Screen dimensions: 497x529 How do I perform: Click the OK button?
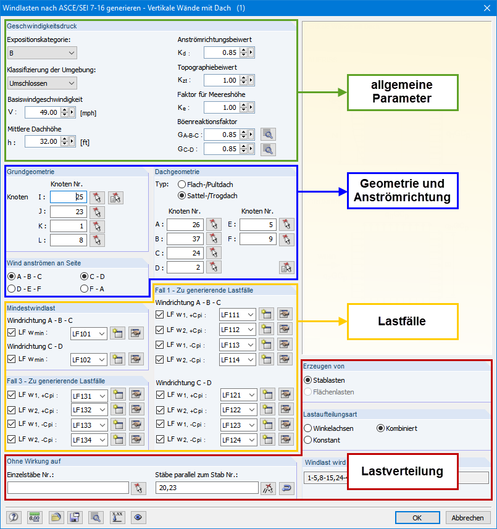[x=417, y=517]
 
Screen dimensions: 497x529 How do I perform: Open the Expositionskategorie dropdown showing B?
[x=42, y=53]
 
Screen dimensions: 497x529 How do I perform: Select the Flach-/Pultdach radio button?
[x=182, y=185]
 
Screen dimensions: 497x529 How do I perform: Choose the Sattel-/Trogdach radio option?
[x=182, y=196]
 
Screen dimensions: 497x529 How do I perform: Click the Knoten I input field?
[x=69, y=197]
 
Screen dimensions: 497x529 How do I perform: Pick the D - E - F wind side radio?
[x=12, y=289]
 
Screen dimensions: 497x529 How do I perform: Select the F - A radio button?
[x=85, y=289]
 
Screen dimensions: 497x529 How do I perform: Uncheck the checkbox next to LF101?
[x=12, y=333]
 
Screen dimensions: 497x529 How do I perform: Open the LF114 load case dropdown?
[x=238, y=360]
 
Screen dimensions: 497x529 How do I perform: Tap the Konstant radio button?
[x=307, y=440]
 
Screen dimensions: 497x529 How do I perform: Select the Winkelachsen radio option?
[x=307, y=428]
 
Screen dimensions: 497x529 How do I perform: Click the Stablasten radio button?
[x=307, y=380]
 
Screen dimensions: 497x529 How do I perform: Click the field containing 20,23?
[x=207, y=488]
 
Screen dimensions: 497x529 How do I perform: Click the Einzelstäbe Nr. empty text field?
[x=68, y=488]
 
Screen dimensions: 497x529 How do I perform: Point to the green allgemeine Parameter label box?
[x=403, y=93]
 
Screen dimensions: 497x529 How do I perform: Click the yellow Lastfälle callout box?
[x=403, y=322]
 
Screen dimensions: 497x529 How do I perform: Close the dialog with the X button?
[x=487, y=8]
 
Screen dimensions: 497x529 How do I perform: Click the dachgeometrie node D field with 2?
[x=185, y=268]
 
